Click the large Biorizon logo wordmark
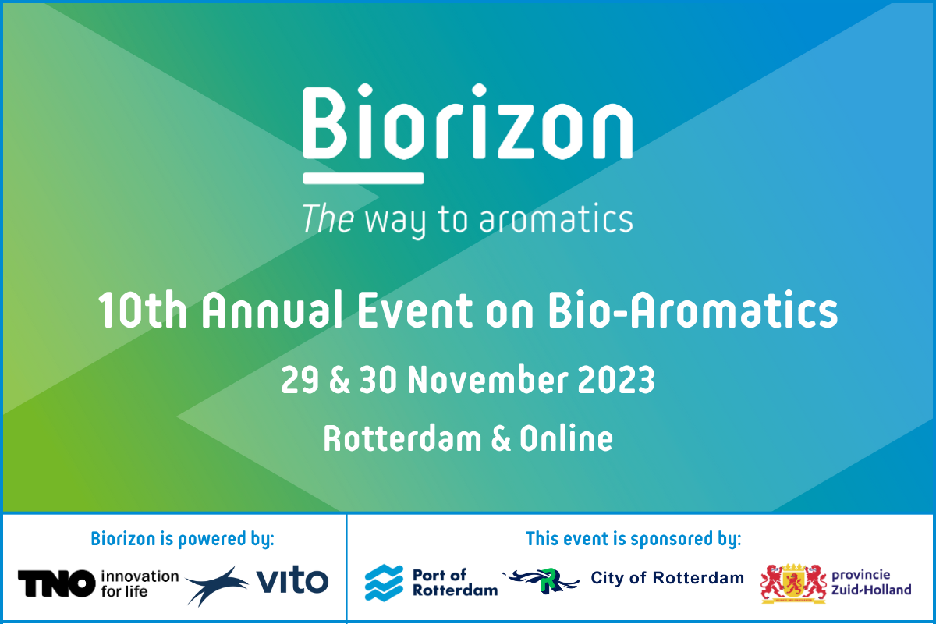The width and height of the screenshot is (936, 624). [x=467, y=121]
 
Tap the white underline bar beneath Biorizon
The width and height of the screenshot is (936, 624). [x=363, y=178]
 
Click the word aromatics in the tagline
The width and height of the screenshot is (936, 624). [x=556, y=218]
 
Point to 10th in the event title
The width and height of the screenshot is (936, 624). [x=142, y=310]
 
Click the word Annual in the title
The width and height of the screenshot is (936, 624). [x=272, y=310]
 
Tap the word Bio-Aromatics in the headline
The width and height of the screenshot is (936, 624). [x=693, y=310]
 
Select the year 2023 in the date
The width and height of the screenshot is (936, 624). [x=616, y=380]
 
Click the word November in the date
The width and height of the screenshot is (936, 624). [x=487, y=380]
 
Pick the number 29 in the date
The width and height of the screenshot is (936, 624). [x=300, y=380]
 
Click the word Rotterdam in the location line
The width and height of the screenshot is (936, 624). [x=402, y=438]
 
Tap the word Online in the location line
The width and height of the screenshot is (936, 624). [x=566, y=438]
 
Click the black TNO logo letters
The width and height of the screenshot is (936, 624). [x=56, y=583]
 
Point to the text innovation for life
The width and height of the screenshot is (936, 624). [x=140, y=583]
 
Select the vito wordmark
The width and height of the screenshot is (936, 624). [x=292, y=580]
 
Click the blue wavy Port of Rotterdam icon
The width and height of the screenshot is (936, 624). [x=384, y=583]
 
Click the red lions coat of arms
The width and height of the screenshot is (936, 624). [x=793, y=583]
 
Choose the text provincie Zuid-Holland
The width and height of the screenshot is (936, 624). [x=871, y=582]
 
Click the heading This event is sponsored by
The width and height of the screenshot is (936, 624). [x=633, y=539]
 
